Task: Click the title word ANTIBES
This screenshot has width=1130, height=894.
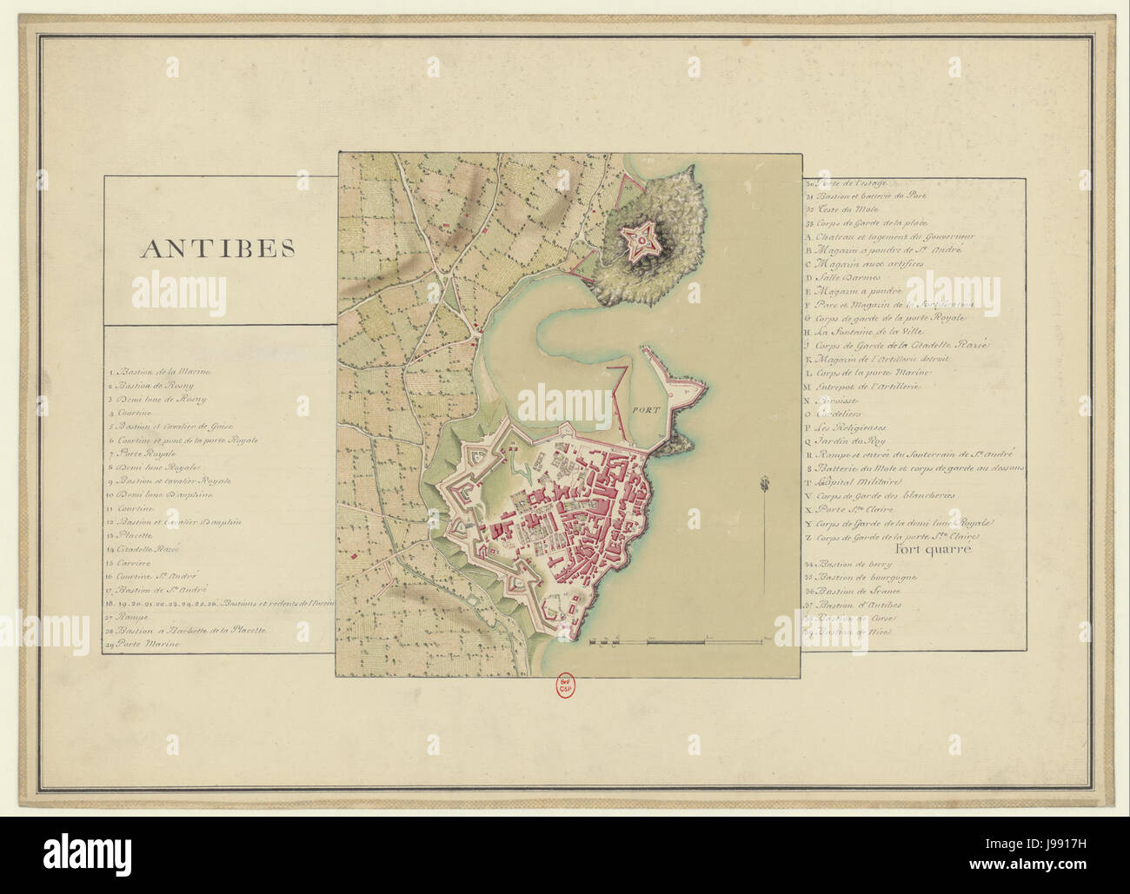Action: (218, 248)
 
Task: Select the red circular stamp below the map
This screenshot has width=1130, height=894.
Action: (565, 686)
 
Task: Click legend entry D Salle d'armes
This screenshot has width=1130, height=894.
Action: (840, 276)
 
